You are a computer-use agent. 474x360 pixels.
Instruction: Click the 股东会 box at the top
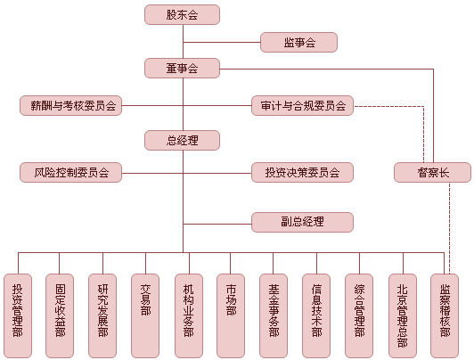pos(182,14)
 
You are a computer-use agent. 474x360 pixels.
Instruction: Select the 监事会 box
pos(298,42)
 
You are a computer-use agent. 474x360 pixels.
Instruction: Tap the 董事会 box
pos(182,68)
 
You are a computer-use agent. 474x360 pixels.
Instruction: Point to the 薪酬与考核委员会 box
pos(69,106)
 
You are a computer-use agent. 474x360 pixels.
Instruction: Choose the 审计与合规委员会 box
pos(302,106)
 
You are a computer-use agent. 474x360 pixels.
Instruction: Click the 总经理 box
pos(182,140)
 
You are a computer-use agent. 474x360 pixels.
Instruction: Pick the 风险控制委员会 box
pos(69,173)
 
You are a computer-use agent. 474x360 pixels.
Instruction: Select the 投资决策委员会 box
pos(302,173)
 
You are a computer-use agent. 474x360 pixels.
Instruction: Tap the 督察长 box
pos(432,173)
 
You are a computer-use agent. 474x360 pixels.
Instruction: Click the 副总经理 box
pos(302,222)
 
